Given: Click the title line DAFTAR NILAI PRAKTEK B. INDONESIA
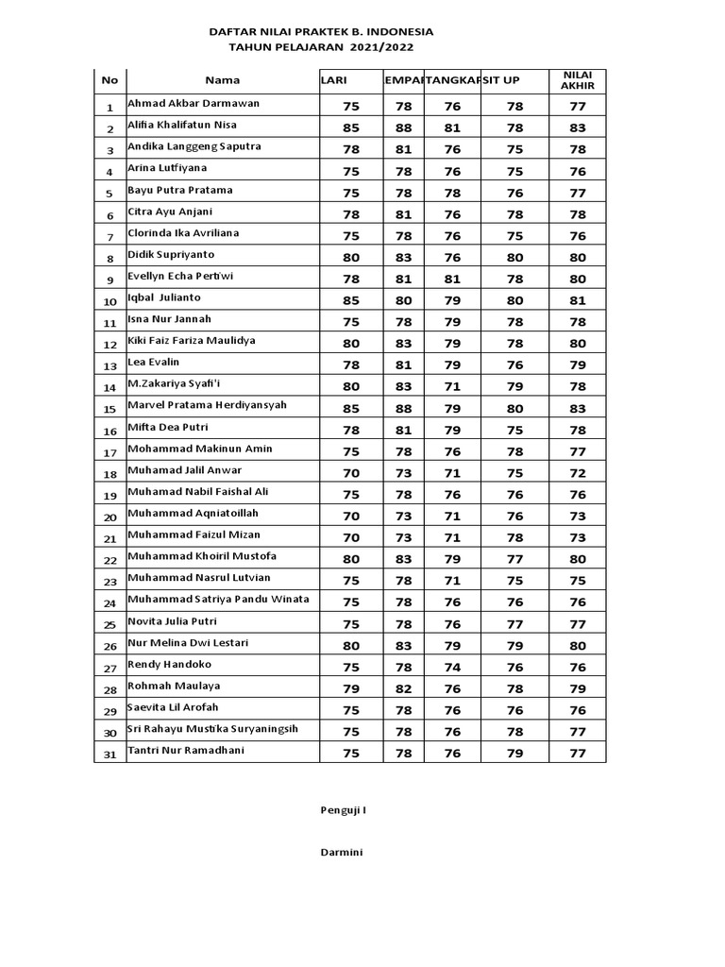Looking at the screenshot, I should pyautogui.click(x=321, y=31).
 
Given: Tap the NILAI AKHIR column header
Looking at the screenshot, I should pyautogui.click(x=577, y=80).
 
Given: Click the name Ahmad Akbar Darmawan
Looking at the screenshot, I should pyautogui.click(x=194, y=104).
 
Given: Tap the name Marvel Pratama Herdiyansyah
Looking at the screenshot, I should pyautogui.click(x=207, y=406).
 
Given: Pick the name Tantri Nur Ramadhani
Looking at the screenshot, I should pyautogui.click(x=186, y=751).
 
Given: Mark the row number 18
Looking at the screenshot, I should pyautogui.click(x=110, y=474).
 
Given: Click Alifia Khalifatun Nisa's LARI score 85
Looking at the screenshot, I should pyautogui.click(x=351, y=127).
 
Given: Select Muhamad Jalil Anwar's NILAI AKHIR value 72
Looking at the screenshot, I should pyautogui.click(x=577, y=473).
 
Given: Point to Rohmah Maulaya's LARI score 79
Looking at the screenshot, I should pyautogui.click(x=351, y=688).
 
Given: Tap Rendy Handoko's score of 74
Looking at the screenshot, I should pyautogui.click(x=452, y=667).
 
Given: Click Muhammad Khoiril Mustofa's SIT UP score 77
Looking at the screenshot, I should pyautogui.click(x=514, y=559).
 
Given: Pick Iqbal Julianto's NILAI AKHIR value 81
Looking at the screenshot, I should pyautogui.click(x=577, y=300).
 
